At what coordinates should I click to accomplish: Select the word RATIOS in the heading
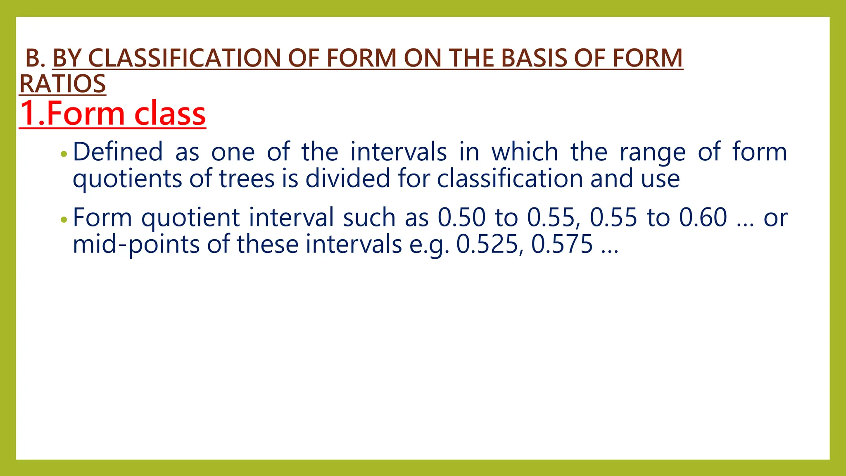point(63,84)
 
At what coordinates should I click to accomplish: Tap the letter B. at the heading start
point(35,58)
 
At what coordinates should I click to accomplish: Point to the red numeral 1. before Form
point(31,114)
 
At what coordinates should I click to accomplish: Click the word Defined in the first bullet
point(118,152)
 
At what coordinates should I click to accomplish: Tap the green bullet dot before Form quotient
point(63,220)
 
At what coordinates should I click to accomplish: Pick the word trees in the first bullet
point(247,178)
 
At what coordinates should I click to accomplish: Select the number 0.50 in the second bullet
point(461,217)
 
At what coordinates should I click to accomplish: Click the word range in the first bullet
point(652,152)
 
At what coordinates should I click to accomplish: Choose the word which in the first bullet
point(525,152)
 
